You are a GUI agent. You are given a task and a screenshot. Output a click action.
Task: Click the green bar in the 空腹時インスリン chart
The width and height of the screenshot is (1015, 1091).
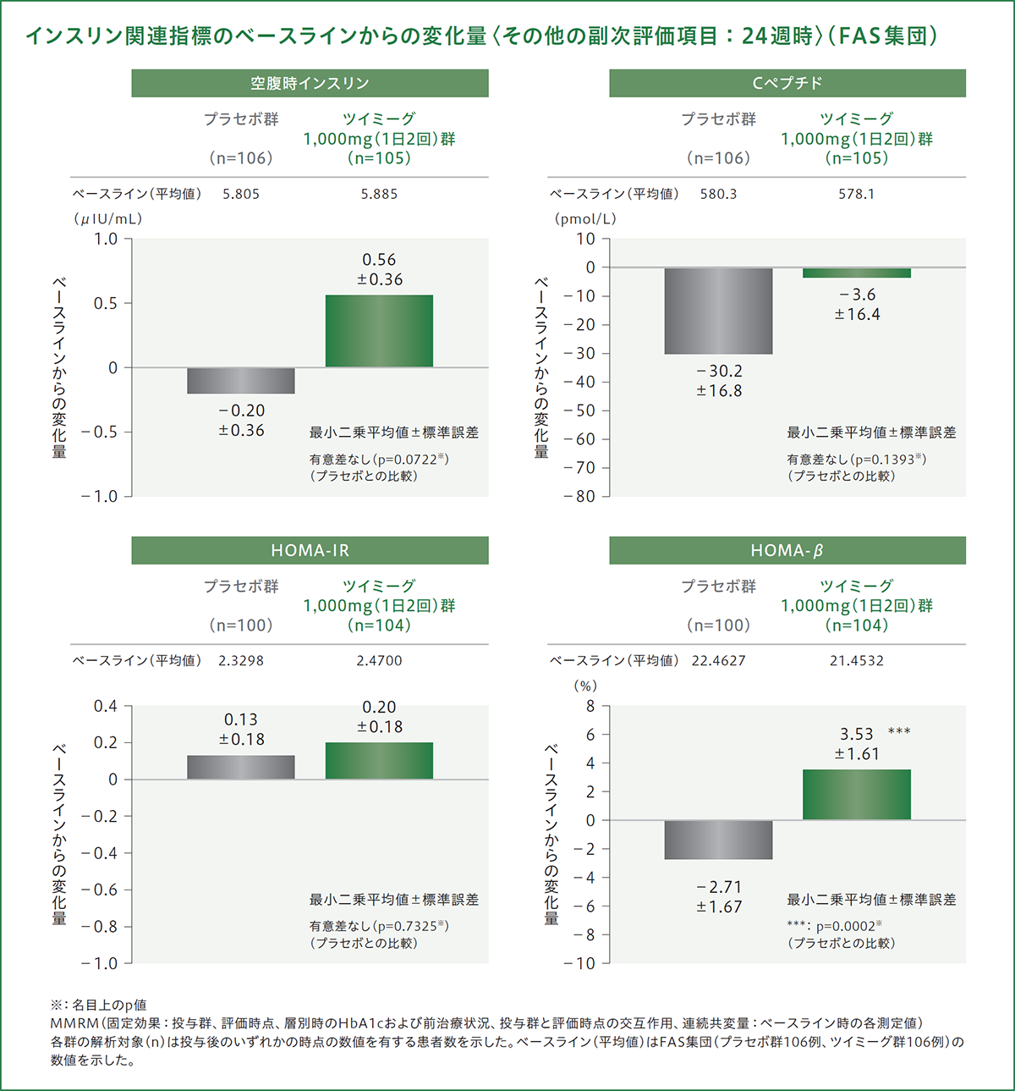[379, 331]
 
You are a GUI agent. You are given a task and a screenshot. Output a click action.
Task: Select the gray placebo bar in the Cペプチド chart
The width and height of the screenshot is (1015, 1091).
[718, 311]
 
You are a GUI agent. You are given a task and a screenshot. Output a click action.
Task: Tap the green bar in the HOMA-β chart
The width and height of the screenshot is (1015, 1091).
[856, 794]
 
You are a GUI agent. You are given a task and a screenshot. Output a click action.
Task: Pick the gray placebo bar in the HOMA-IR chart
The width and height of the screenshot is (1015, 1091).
[241, 767]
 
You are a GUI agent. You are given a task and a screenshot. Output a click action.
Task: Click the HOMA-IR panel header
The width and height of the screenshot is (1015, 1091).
[310, 550]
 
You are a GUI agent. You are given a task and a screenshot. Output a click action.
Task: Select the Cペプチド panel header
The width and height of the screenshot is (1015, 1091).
[787, 83]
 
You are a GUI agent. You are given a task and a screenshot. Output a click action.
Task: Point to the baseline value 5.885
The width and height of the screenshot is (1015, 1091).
[379, 194]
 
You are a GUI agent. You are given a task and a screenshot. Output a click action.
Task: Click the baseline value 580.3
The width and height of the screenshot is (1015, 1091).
[718, 194]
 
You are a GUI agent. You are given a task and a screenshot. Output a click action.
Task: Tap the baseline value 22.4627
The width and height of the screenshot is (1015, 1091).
[718, 660]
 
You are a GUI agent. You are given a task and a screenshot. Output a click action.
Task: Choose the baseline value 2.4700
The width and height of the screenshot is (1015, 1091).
[379, 660]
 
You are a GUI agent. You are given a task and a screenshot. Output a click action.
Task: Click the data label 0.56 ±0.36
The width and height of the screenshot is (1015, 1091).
[380, 269]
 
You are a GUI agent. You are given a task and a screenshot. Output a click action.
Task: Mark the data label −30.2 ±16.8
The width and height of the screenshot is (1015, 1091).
[719, 381]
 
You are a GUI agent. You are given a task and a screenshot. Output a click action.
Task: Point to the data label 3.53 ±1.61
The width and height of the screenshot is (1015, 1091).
[857, 743]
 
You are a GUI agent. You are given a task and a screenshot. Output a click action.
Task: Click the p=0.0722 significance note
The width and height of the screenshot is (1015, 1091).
[379, 460]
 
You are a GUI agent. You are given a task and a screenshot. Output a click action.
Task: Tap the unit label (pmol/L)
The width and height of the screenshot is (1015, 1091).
[585, 218]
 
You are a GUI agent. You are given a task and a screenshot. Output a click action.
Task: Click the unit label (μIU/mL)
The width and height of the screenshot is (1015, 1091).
[107, 218]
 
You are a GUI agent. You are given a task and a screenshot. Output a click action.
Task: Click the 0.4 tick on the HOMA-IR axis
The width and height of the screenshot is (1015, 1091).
[106, 706]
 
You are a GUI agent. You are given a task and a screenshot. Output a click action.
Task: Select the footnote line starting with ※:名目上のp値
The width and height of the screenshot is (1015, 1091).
[98, 1005]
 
